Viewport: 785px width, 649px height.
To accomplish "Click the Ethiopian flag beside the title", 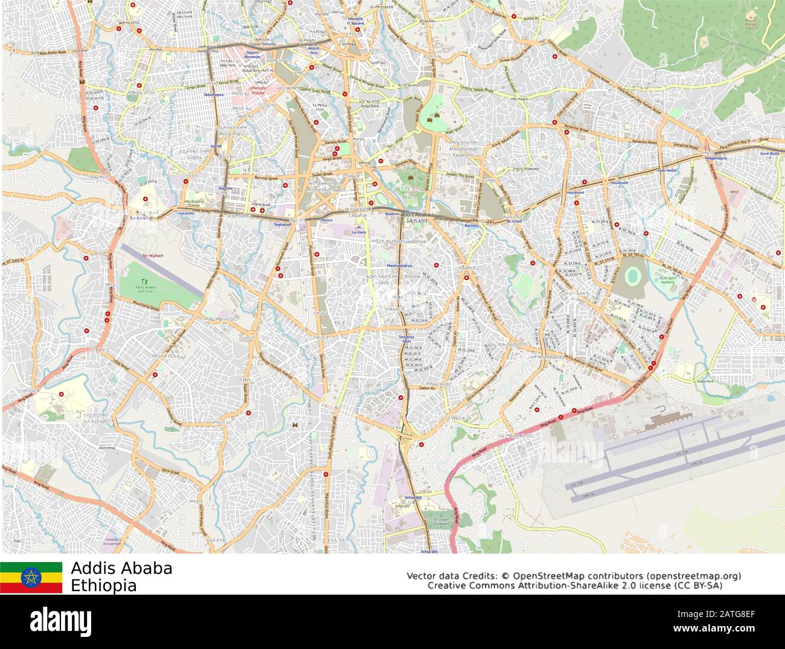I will pyautogui.click(x=31, y=578).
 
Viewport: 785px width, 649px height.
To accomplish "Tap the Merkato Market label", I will pyautogui.click(x=258, y=91).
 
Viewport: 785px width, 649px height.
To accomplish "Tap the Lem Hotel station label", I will pyautogui.click(x=667, y=171).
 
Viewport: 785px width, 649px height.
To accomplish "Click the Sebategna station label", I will pyautogui.click(x=214, y=95).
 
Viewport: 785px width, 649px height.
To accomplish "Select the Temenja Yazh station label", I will pyautogui.click(x=405, y=339).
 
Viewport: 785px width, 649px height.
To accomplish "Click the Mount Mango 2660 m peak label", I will pyautogui.click(x=751, y=24).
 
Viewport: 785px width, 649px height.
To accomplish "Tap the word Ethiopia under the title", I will pyautogui.click(x=103, y=586).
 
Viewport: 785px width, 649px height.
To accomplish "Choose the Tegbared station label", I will pyautogui.click(x=282, y=224).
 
